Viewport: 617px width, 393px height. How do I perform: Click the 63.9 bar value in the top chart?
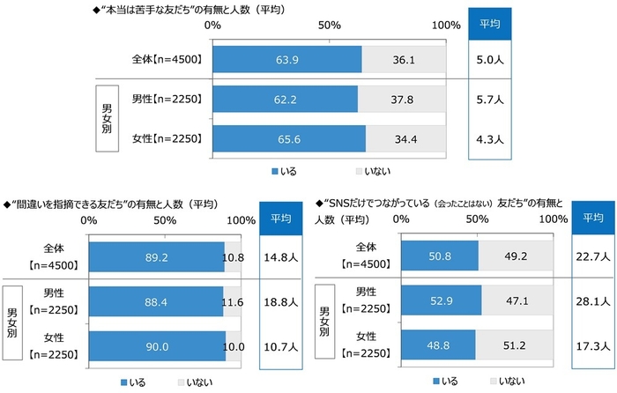click(x=287, y=60)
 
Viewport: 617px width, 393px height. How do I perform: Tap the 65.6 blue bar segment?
click(x=290, y=138)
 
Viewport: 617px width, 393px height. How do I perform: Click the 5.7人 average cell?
click(x=490, y=100)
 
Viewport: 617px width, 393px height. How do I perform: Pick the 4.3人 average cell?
click(x=490, y=138)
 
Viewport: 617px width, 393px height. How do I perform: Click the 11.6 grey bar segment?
click(x=233, y=302)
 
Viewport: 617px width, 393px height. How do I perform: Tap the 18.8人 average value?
click(x=282, y=302)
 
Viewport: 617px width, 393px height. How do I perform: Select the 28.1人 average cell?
click(x=592, y=302)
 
